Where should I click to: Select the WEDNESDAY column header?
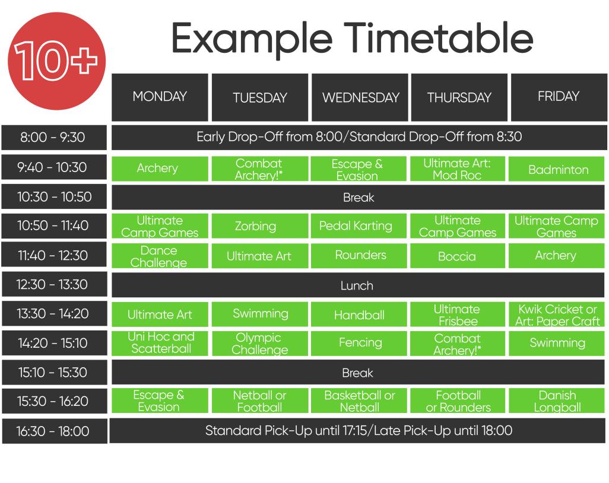click(360, 98)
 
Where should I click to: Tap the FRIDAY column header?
click(558, 97)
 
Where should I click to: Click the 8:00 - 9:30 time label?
click(53, 138)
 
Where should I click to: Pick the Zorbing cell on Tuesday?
click(259, 226)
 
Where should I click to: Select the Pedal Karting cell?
click(359, 226)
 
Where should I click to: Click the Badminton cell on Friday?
click(558, 169)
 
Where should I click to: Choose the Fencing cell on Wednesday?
click(359, 343)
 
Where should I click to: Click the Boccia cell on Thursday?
click(457, 256)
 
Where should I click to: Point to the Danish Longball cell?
click(557, 401)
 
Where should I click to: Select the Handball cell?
click(359, 315)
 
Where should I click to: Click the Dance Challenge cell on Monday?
click(160, 256)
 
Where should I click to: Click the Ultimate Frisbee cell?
click(457, 314)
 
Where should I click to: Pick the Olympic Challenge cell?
click(259, 343)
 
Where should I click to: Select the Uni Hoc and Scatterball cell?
click(160, 343)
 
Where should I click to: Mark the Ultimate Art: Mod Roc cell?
click(457, 169)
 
